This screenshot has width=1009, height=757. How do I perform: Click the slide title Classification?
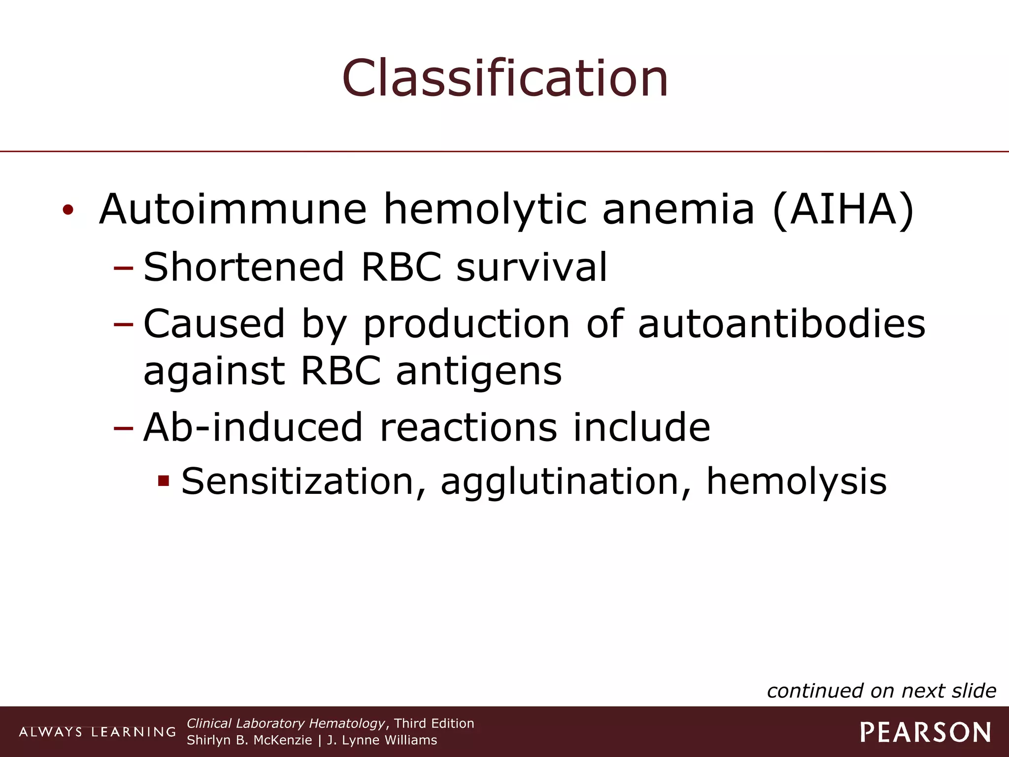tap(505, 78)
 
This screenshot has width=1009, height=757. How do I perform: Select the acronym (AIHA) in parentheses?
tap(843, 209)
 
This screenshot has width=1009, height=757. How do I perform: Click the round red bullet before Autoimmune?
tap(68, 210)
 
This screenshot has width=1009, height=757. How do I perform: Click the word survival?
tap(532, 267)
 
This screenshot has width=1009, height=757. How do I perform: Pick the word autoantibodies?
tap(781, 324)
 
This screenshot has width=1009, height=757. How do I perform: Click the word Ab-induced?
tap(254, 427)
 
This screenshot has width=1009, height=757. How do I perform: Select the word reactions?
tap(469, 427)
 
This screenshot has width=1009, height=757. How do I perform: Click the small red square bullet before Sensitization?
tap(164, 481)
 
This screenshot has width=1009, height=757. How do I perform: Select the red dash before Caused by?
tap(123, 324)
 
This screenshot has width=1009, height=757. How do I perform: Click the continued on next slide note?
tap(881, 691)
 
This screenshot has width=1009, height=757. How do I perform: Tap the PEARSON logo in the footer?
tap(926, 732)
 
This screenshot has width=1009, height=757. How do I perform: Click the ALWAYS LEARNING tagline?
tap(97, 732)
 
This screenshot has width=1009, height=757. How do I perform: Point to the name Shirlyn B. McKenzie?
tap(249, 740)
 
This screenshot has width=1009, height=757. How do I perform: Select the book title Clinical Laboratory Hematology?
tap(286, 723)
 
